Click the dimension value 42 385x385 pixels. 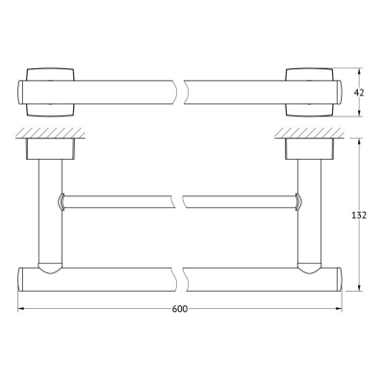click(359, 92)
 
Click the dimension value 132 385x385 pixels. click(359, 216)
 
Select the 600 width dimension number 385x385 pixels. click(180, 309)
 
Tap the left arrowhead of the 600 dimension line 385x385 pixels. click(21, 309)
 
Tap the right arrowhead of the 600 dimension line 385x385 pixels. click(339, 309)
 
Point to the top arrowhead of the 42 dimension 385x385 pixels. click(359, 71)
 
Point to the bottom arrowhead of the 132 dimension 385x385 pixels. click(359, 287)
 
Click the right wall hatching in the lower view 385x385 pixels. click(309, 133)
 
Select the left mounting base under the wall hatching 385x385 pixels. click(51, 149)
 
